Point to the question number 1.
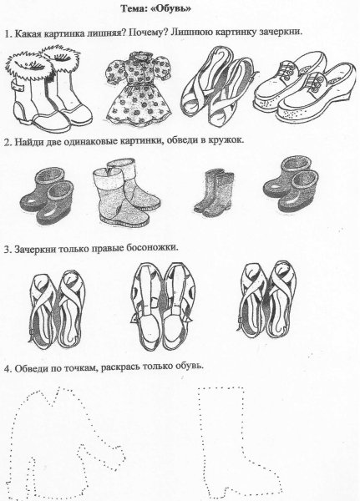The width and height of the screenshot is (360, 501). click(x=6, y=33)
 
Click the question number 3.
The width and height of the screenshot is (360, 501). click(x=6, y=248)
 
